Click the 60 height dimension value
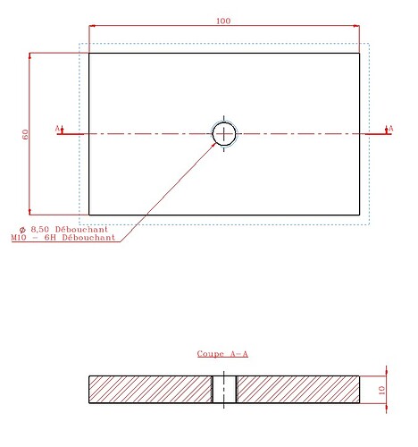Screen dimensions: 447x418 26,134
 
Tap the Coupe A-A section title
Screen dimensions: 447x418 222,354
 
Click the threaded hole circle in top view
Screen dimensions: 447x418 224,134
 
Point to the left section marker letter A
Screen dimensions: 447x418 58,129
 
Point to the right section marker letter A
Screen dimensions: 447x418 389,129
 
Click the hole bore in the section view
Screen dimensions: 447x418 224,390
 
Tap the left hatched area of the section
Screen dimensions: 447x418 150,390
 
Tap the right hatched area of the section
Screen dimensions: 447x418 297,390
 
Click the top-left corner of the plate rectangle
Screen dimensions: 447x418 88,53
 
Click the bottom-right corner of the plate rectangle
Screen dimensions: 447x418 360,215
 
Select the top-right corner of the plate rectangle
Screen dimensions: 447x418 360,53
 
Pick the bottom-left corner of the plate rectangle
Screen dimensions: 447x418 88,215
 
